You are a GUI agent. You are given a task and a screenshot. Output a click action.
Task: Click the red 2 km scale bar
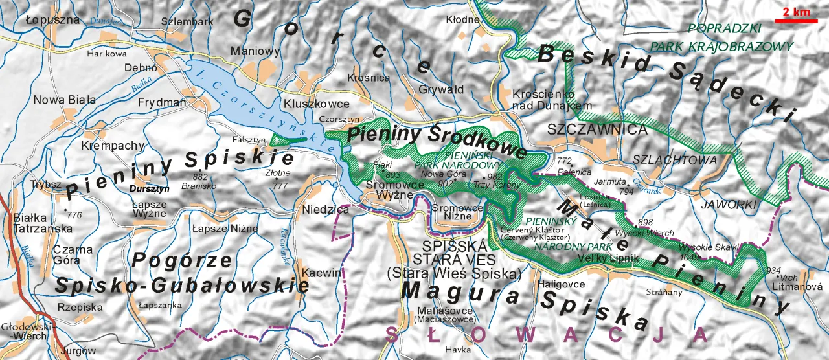[796, 21]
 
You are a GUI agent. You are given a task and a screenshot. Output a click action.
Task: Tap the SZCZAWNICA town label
[597, 129]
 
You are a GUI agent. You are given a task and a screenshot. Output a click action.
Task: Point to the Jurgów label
[73, 351]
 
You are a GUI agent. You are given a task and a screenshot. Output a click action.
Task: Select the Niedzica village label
[326, 210]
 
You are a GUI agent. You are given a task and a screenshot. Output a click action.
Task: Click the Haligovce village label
[561, 284]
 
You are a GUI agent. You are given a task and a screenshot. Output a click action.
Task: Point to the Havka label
[458, 350]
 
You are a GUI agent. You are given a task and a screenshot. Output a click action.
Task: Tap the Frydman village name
[162, 102]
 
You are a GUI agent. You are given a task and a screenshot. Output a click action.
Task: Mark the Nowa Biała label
[65, 100]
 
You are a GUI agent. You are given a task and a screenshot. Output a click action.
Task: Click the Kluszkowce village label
[316, 104]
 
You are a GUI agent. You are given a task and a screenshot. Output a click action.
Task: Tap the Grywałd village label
[441, 89]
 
